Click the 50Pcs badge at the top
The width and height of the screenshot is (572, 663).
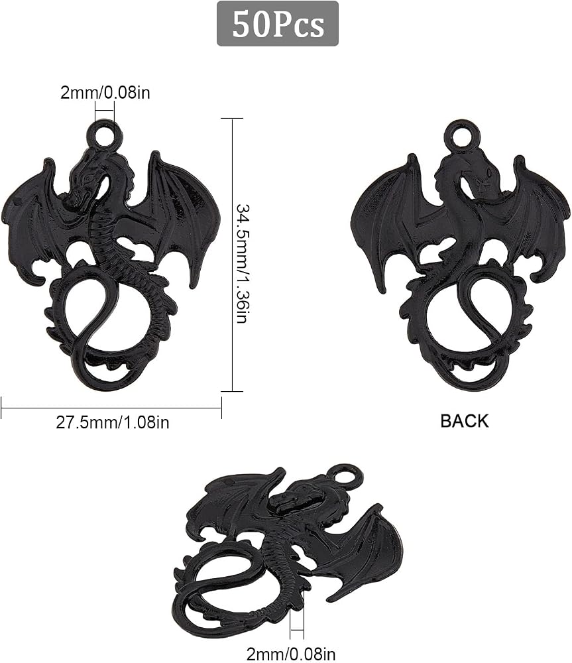277,24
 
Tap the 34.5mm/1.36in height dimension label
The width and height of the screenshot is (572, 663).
243,263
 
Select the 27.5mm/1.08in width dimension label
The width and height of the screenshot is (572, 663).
113,422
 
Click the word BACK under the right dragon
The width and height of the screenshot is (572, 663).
464,421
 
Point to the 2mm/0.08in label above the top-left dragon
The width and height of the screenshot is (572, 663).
105,92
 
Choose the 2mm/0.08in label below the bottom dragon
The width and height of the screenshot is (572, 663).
291,654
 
